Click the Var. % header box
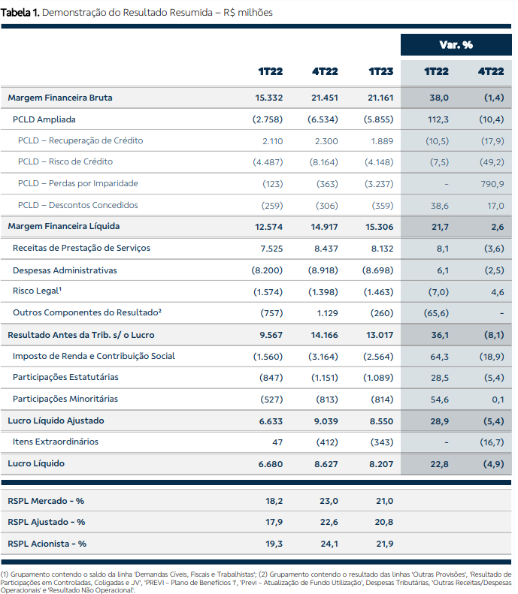pos(456,45)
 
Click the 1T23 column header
pos(381,71)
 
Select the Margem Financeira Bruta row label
pos(60,98)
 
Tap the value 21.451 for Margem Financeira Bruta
pos(325,98)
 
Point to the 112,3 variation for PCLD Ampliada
pos(438,119)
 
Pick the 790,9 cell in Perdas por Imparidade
pos(492,184)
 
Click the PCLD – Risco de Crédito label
pos(65,161)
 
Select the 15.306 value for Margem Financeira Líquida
pos(379,227)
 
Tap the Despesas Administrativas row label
pos(65,270)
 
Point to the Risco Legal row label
pos(37,291)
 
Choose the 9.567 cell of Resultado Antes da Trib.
pos(271,335)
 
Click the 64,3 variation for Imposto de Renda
pos(440,357)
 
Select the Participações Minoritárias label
pos(65,399)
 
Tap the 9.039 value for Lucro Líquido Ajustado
pos(326,421)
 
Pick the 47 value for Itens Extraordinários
pos(277,442)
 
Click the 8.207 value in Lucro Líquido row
pos(381,464)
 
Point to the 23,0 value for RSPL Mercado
pos(329,501)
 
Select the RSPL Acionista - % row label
pos(47,544)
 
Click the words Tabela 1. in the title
pos(20,13)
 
